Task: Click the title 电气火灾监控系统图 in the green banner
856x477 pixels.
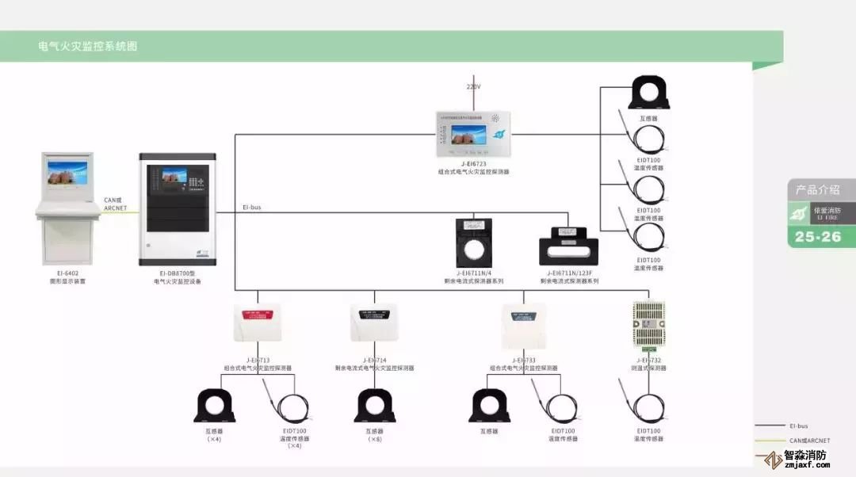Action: click(88, 47)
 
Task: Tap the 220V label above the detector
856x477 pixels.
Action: click(473, 86)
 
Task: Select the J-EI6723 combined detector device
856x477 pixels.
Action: click(473, 132)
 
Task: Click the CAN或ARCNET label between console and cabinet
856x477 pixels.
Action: click(116, 204)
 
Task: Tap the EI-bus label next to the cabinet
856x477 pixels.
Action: click(251, 208)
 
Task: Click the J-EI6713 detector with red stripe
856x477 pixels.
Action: click(257, 324)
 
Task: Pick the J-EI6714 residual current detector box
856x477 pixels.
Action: click(374, 324)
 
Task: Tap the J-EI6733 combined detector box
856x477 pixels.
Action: click(523, 326)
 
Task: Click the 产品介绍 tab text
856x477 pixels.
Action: click(820, 190)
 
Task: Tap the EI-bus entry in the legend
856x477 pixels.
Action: click(797, 425)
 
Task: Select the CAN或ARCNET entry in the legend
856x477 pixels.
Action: click(808, 440)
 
